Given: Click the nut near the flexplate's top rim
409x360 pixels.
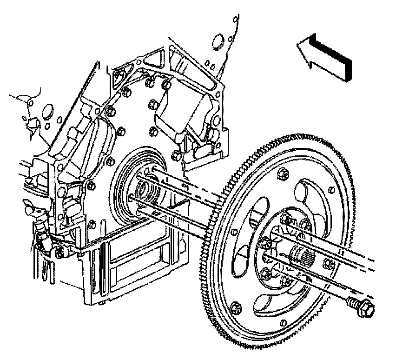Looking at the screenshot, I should pos(283,174).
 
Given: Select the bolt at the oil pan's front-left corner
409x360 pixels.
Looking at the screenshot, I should pos(59,254).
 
